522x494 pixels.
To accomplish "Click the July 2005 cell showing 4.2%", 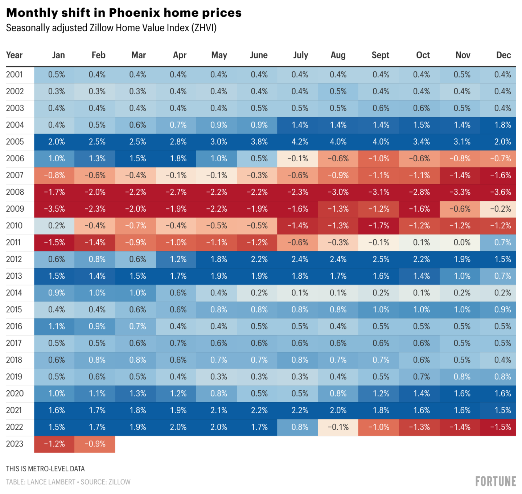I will (x=300, y=142).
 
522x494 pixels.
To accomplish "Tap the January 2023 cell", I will (x=54, y=444).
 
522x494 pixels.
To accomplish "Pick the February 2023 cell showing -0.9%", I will (x=95, y=444).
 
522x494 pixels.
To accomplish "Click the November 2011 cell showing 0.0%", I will (x=462, y=242).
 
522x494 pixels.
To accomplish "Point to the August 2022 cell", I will (x=338, y=427).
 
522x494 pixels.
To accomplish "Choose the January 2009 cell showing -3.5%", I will (x=54, y=209).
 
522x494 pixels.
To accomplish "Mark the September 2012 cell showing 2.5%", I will (x=381, y=259).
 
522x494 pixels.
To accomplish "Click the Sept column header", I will (x=380, y=55).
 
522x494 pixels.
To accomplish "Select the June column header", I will (x=259, y=55).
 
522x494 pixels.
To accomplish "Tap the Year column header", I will (x=14, y=55).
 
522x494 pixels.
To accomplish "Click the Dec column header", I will (x=503, y=55).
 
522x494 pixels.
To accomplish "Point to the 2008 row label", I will (x=15, y=192).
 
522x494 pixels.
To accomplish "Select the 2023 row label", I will (x=15, y=444).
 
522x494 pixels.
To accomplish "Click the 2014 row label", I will (x=14, y=293).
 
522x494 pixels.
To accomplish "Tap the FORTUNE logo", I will (x=496, y=481).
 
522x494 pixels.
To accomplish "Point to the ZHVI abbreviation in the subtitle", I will (x=204, y=28).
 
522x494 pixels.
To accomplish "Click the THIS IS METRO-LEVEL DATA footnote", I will (x=45, y=469).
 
